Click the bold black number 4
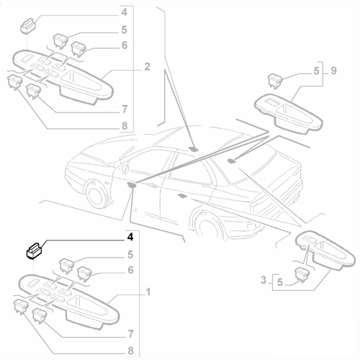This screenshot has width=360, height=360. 130,237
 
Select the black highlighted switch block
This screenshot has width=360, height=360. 34,251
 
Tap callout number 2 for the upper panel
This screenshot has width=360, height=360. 147,67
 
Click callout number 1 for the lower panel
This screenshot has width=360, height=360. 148,292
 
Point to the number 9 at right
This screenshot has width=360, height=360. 333,71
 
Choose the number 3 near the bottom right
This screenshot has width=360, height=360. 264,280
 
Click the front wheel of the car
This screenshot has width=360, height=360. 96,194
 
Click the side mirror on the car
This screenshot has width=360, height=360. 125,168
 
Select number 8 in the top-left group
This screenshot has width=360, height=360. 125,126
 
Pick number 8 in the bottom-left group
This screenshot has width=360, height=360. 130,351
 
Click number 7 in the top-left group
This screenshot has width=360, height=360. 125,109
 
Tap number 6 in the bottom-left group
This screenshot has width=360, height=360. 130,270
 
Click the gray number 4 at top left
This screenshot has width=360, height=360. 124,12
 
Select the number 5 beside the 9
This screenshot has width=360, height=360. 317,71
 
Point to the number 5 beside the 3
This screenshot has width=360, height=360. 280,282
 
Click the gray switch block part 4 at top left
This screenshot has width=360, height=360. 28,26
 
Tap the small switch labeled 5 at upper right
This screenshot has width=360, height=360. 275,81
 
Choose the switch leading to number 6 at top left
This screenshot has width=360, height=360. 78,49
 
